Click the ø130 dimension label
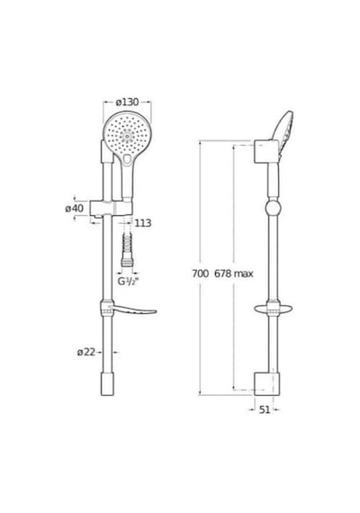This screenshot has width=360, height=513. point(127,102)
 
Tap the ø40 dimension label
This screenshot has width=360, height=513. point(75,208)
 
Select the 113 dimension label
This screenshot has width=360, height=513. point(143,223)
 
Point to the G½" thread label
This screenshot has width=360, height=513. point(129,281)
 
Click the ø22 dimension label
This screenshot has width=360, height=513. point(86,352)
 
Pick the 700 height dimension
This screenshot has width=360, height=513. point(200,274)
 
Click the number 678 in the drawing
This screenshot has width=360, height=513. point(223,274)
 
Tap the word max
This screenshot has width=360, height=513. point(244,274)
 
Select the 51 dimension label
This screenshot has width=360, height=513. point(265,409)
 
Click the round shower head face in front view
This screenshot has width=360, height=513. point(127,135)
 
